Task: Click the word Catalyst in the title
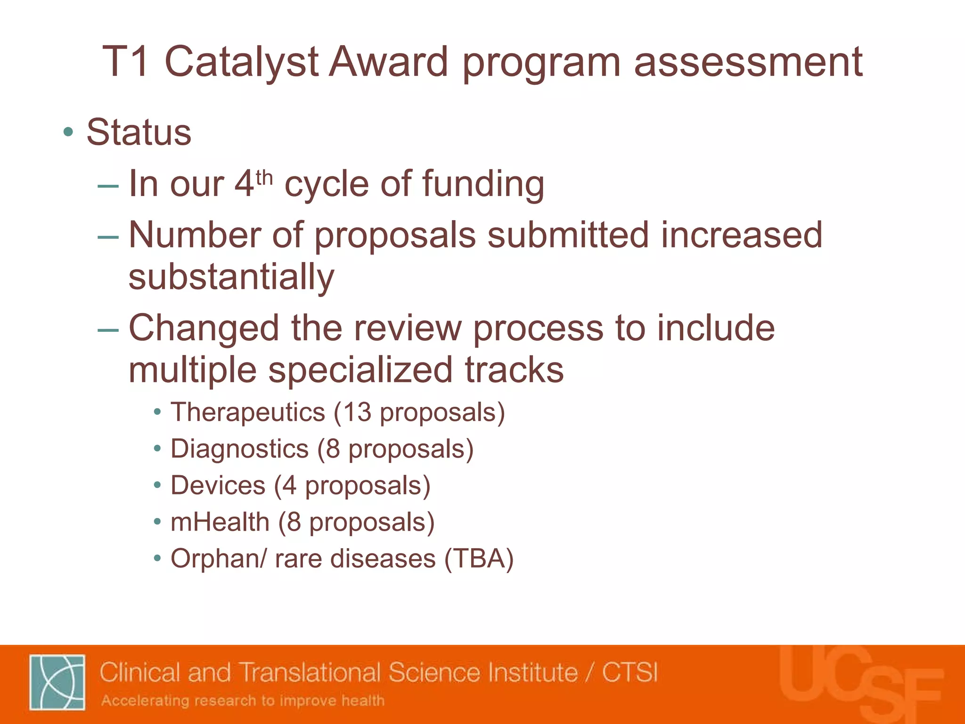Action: (241, 62)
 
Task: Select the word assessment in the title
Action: (748, 62)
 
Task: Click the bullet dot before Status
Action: (69, 133)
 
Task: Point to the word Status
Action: (139, 133)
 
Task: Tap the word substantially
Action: (231, 277)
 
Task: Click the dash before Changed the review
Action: (108, 329)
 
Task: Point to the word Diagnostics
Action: (239, 449)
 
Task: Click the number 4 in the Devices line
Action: (289, 486)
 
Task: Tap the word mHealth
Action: (220, 523)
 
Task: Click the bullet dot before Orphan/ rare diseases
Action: (157, 559)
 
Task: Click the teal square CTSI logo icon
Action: (57, 682)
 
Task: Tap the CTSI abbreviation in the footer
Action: (630, 673)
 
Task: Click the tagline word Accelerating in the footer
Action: (145, 701)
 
